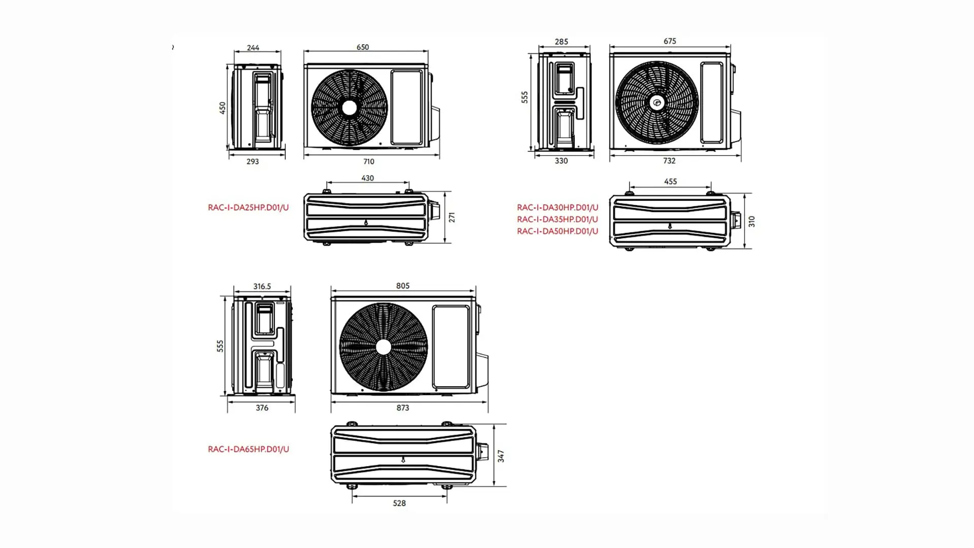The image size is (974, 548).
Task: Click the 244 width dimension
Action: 253,48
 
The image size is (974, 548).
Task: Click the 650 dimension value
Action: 363,47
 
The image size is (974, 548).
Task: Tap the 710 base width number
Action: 369,161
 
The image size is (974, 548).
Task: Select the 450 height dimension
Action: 222,108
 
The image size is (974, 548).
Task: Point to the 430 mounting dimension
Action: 367,178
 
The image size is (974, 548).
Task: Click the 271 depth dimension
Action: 451,218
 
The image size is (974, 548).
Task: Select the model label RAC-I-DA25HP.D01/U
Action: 248,208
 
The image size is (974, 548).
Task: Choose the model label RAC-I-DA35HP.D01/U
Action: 558,219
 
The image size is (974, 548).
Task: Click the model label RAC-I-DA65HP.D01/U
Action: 248,449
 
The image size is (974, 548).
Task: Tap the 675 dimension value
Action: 670,41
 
